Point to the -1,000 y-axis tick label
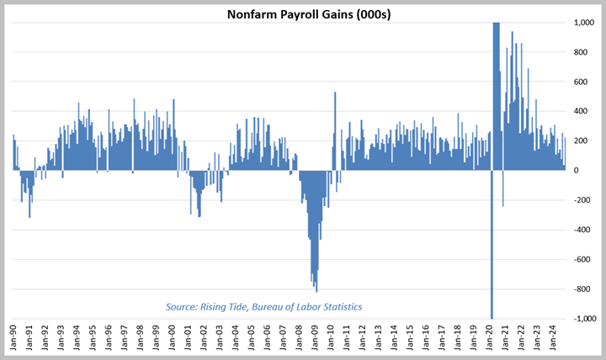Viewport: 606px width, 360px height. pyautogui.click(x=581, y=319)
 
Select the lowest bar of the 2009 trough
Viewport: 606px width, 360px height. pyautogui.click(x=316, y=286)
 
